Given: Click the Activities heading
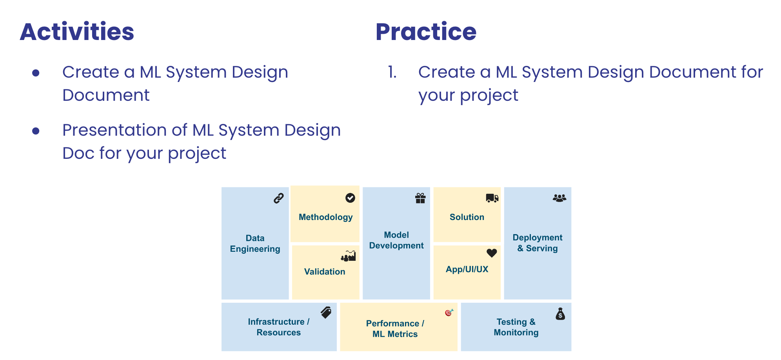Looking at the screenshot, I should (77, 32).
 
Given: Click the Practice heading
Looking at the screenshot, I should (426, 32).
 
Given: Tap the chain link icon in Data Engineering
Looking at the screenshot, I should (278, 198).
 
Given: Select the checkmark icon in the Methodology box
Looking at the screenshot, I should (350, 198).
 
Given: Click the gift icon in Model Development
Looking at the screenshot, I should (420, 198).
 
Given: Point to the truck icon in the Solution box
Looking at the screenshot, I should (492, 198).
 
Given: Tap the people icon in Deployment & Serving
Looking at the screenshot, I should (559, 198).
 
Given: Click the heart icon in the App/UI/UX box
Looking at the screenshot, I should (492, 253).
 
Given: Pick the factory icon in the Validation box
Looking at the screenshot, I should (348, 256).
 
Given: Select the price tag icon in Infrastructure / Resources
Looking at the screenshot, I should (326, 313).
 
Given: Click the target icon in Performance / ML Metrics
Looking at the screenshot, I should (449, 313).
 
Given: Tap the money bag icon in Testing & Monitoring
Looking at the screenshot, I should (560, 314).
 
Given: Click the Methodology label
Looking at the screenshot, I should (325, 217).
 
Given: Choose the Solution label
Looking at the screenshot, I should (467, 217).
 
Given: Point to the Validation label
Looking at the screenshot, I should (325, 272).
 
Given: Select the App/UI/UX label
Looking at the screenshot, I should (467, 269).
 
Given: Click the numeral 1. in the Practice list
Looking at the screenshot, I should (392, 72).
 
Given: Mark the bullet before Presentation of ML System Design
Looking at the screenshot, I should (36, 131).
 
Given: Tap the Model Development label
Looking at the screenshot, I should (396, 240).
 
